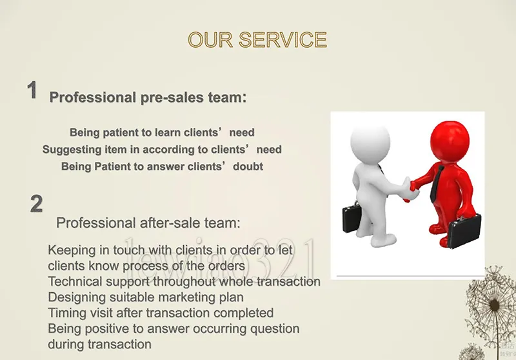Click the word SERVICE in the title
tap(283, 40)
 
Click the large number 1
tap(32, 90)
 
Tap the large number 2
tap(36, 203)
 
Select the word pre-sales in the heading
tap(172, 97)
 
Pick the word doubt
tap(248, 166)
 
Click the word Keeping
tap(68, 250)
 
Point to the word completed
tap(243, 313)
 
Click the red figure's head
tap(450, 138)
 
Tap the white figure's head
tap(370, 141)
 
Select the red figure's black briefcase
tap(464, 231)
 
